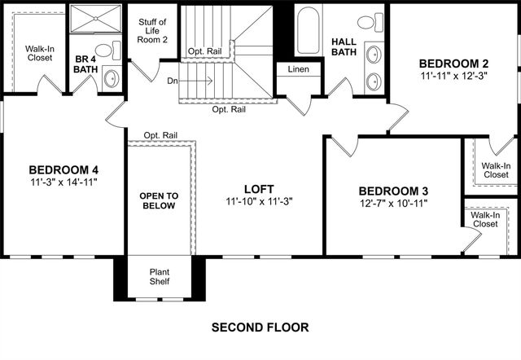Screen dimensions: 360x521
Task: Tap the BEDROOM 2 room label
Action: pyautogui.click(x=454, y=64)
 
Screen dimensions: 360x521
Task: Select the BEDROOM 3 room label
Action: pyautogui.click(x=393, y=191)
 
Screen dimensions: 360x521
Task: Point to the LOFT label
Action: pyautogui.click(x=258, y=187)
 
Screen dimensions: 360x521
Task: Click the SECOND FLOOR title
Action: pyautogui.click(x=260, y=328)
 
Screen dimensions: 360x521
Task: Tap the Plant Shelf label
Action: pyautogui.click(x=160, y=278)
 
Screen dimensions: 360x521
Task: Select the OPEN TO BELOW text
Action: pyautogui.click(x=159, y=201)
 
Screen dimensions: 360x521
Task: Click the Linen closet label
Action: pyautogui.click(x=298, y=69)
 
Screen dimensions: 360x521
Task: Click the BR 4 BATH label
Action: pyautogui.click(x=85, y=64)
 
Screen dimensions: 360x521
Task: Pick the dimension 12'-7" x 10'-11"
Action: pyautogui.click(x=393, y=204)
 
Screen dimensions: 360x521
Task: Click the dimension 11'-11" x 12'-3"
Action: pyautogui.click(x=454, y=77)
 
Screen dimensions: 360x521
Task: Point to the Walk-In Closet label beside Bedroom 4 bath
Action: pyautogui.click(x=39, y=53)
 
